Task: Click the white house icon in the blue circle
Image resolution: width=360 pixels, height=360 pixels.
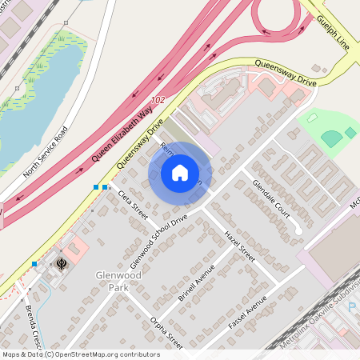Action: pyautogui.click(x=180, y=173)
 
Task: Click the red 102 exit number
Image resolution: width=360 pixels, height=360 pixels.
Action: pyautogui.click(x=157, y=98)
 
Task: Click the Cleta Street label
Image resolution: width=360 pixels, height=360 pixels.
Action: pyautogui.click(x=133, y=205)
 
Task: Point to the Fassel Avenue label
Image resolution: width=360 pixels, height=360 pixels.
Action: pyautogui.click(x=247, y=315)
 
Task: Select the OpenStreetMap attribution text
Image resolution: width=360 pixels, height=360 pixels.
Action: pyautogui.click(x=80, y=354)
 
